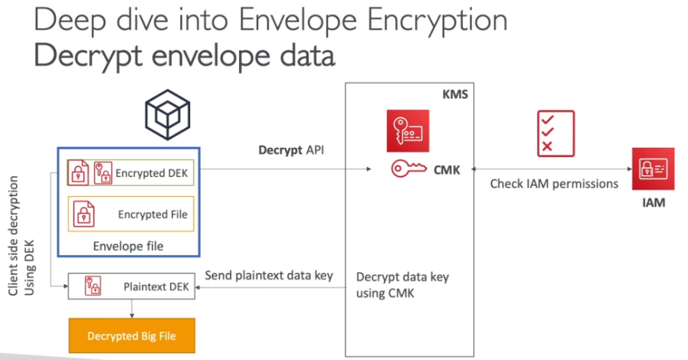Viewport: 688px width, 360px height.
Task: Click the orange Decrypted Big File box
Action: click(x=132, y=335)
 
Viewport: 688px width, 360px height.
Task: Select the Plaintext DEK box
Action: click(x=132, y=286)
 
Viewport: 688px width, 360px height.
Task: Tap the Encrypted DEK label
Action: click(x=151, y=173)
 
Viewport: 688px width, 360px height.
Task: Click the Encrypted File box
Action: click(x=131, y=214)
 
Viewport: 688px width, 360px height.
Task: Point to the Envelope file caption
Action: click(x=128, y=246)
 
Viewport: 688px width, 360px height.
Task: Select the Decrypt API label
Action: click(x=290, y=149)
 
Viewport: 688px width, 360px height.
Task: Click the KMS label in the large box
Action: click(x=455, y=95)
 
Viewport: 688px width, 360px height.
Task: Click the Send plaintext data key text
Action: click(x=269, y=275)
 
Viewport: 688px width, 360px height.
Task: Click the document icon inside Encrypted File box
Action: click(x=82, y=214)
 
